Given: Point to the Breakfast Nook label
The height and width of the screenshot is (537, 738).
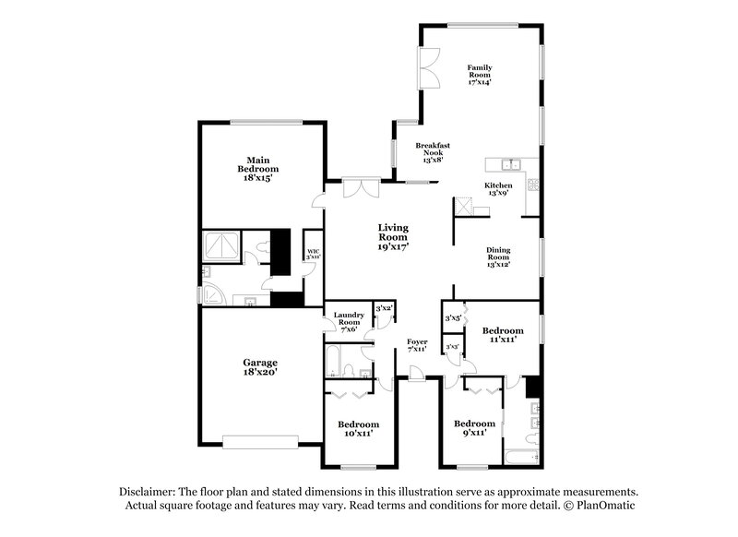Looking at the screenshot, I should click(x=432, y=152).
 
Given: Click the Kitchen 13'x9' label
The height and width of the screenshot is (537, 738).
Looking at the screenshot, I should click(x=499, y=189).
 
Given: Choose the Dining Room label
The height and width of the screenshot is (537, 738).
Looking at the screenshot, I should click(x=499, y=256).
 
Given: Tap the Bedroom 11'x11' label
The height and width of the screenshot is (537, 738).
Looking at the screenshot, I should click(x=503, y=335).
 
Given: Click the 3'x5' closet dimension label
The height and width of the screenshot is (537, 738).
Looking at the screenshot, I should click(x=453, y=318).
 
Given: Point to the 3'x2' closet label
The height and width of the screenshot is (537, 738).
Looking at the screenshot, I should click(x=381, y=307).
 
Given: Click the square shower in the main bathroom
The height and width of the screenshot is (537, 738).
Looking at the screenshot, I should click(x=222, y=246).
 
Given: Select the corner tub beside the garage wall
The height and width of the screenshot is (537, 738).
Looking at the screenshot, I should click(x=216, y=292).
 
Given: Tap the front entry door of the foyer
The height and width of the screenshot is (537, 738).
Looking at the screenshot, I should click(x=416, y=372).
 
